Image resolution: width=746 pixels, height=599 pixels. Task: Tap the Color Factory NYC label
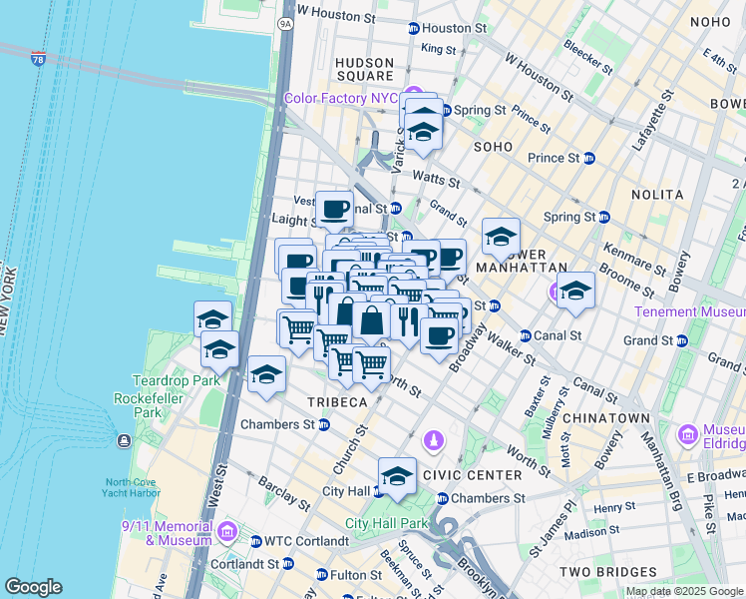(340, 98)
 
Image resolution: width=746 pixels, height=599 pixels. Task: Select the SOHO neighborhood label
(493, 147)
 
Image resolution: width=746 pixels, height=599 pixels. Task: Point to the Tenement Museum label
(686, 312)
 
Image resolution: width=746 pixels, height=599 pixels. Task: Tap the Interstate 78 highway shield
(38, 60)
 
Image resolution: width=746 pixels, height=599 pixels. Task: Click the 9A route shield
(286, 22)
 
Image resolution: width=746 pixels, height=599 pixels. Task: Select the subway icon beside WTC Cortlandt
(254, 541)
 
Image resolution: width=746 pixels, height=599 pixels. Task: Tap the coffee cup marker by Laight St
(334, 208)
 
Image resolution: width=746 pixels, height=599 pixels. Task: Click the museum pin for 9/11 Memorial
(228, 531)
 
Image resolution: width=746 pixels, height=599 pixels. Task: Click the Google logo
(34, 587)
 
